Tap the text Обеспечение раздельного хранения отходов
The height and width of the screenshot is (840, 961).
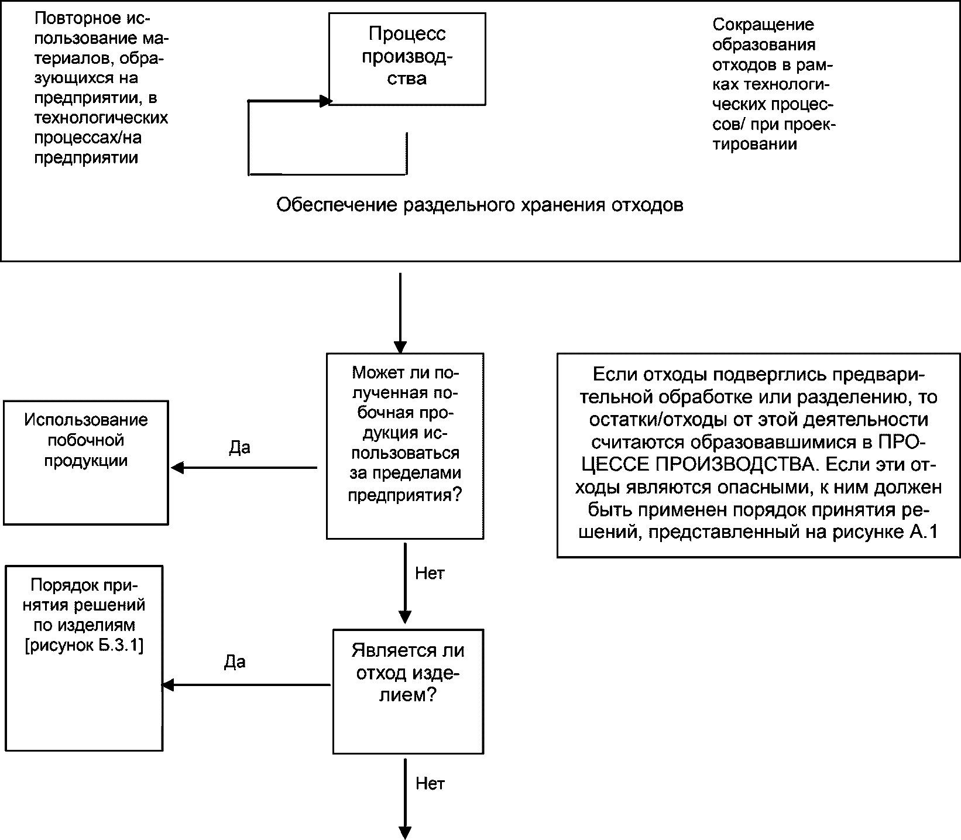point(479,205)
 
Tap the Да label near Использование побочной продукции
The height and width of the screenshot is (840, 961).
point(239,448)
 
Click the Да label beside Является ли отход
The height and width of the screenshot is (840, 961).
point(235,662)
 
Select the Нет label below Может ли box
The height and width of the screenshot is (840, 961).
point(430,573)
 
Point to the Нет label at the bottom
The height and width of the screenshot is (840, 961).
point(430,783)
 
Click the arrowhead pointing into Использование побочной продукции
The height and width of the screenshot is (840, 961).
point(177,468)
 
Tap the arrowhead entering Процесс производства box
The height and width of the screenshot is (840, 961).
point(326,101)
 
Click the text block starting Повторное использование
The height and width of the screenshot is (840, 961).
point(101,88)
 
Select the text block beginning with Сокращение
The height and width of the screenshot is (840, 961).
point(774,84)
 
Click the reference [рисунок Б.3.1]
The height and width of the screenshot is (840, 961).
point(84,646)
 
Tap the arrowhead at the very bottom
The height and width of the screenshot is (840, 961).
point(404,833)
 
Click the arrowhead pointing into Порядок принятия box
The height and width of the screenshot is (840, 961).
point(169,685)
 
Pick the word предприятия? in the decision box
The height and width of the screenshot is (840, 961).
point(405,495)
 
